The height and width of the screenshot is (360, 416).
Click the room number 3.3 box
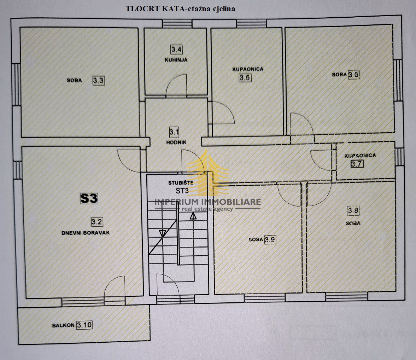click(99, 81)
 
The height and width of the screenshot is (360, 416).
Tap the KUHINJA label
click(176, 60)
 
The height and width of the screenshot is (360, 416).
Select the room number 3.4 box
click(176, 49)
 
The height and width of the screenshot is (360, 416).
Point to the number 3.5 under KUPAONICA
click(245, 77)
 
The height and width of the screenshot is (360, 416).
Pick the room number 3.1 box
click(174, 133)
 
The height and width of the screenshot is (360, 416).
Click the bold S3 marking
click(89, 198)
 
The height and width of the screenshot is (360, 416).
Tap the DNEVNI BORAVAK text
click(86, 233)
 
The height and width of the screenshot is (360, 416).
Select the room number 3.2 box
click(97, 222)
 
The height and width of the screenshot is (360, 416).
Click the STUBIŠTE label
click(180, 183)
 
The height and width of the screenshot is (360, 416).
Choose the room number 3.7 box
click(357, 164)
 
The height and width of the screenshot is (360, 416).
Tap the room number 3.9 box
click(270, 239)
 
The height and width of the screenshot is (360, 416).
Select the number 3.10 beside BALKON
click(84, 325)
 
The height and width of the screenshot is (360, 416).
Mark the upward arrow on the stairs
click(193, 216)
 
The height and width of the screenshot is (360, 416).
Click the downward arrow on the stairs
click(163, 233)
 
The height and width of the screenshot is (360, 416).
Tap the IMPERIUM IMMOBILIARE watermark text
click(208, 202)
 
